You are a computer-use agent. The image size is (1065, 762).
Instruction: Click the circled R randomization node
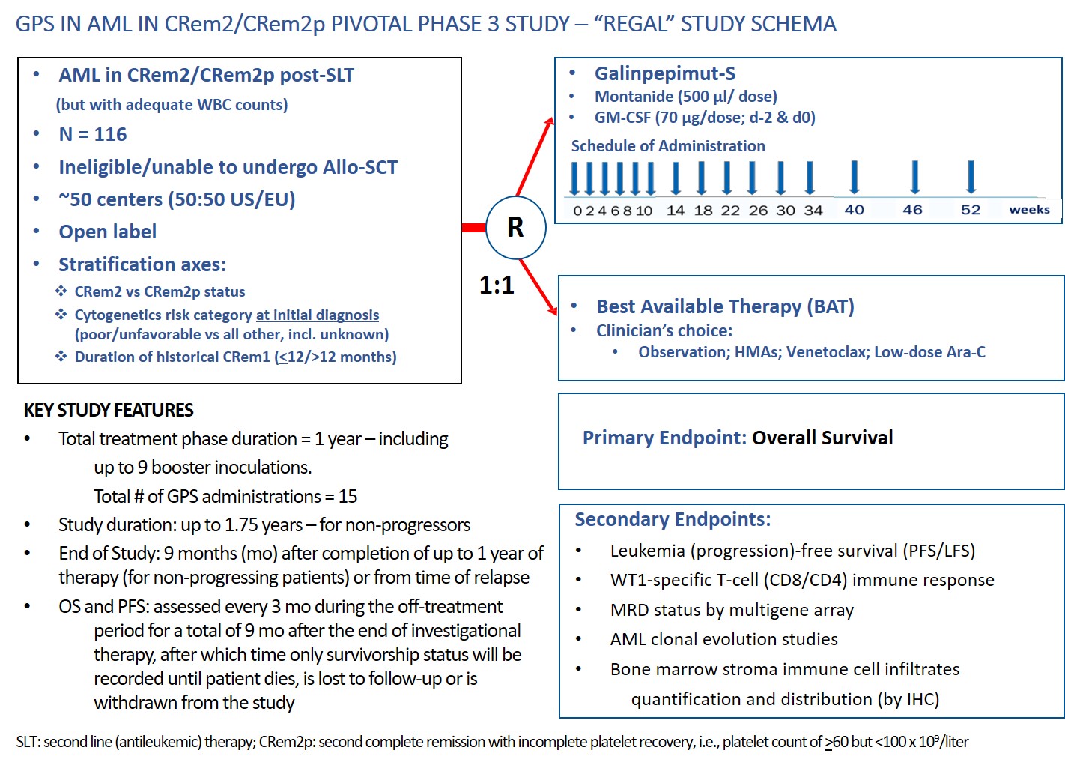515,227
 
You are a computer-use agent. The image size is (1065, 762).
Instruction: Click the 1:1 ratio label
497,285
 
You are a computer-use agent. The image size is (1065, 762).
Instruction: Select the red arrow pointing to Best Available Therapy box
538,287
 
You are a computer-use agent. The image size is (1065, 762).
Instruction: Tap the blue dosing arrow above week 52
971,177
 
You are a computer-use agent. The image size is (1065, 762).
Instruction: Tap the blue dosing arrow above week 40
854,177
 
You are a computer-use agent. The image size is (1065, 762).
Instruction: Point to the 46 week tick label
912,210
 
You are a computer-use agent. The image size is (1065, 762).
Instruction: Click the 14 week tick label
676,211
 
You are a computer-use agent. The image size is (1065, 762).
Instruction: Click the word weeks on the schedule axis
1029,210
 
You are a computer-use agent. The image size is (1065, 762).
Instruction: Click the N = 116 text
93,134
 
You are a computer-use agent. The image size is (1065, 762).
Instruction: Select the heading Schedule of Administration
668,146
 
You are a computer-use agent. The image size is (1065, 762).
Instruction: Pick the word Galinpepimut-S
664,73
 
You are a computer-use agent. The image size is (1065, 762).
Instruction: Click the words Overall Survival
822,438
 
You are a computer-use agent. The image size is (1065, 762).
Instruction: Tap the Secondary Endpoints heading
673,519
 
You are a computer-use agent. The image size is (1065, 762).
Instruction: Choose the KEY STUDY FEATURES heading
109,410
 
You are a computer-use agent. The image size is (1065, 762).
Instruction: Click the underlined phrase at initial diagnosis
318,315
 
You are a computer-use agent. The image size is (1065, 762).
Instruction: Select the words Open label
108,232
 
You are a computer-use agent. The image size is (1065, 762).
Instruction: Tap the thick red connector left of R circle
473,227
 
